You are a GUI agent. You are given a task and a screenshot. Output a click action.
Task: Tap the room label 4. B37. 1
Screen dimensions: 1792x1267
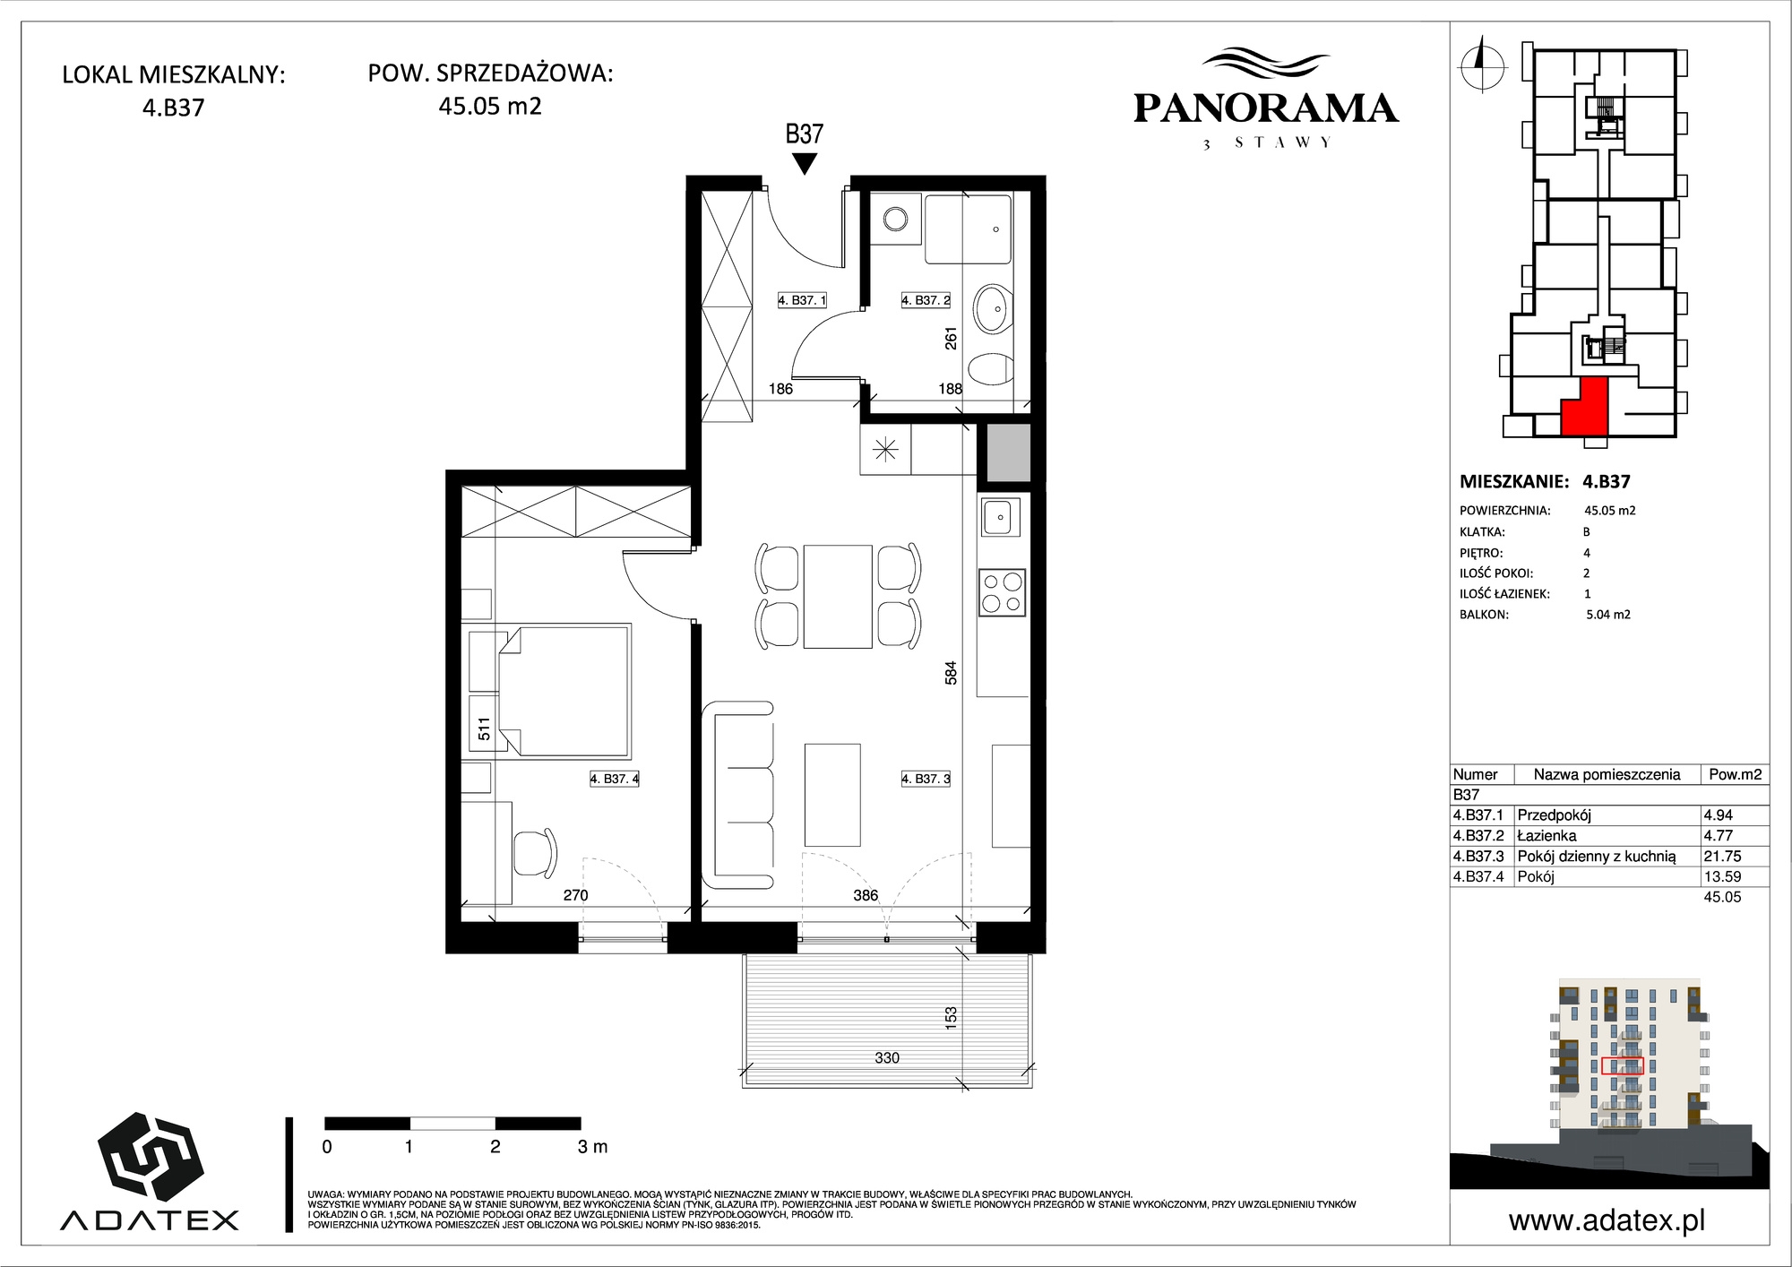tap(802, 301)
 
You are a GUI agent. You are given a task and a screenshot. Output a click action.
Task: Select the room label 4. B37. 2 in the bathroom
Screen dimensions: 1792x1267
tap(926, 301)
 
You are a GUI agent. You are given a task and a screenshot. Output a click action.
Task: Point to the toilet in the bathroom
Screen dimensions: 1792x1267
tap(991, 369)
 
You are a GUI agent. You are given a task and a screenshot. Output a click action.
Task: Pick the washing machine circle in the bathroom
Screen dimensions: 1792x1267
tap(894, 219)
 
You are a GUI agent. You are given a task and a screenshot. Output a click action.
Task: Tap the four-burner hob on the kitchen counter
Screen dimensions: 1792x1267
tap(1003, 591)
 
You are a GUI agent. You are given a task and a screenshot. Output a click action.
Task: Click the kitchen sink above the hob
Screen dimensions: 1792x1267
tap(1001, 517)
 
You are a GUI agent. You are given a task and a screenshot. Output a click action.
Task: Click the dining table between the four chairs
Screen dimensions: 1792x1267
tap(838, 596)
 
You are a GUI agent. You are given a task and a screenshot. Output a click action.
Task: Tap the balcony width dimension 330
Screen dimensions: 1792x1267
tap(887, 1058)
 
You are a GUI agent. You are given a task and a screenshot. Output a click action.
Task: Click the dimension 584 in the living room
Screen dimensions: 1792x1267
tap(952, 673)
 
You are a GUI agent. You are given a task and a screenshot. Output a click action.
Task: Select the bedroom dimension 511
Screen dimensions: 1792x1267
tap(485, 729)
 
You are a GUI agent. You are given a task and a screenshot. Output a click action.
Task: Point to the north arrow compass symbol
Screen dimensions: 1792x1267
tap(1482, 64)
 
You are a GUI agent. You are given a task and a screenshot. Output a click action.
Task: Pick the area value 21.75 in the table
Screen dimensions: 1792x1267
tap(1722, 856)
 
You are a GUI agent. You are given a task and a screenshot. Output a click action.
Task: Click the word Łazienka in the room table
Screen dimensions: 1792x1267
tap(1546, 835)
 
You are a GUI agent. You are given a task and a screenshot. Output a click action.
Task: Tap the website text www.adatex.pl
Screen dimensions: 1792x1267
tap(1607, 1220)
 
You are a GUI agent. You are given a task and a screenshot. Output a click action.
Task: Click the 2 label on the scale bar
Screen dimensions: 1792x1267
tap(495, 1146)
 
